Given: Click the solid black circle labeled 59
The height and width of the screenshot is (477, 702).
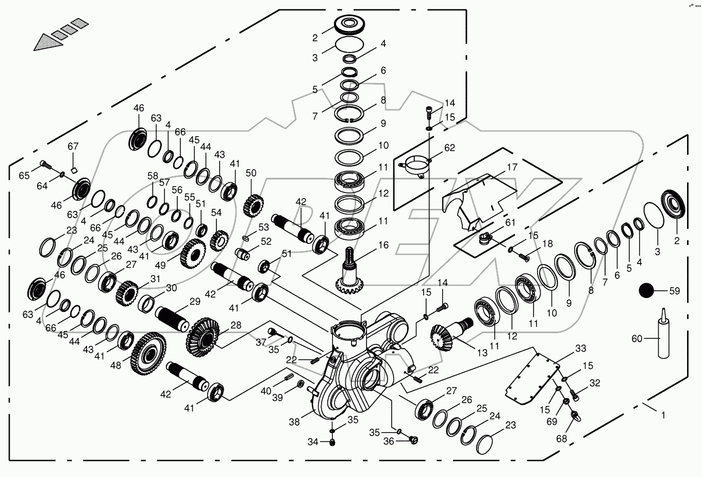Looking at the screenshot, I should (647, 291).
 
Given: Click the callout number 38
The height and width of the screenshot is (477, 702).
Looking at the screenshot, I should (294, 422).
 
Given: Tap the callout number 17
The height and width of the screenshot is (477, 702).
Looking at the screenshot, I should (511, 168).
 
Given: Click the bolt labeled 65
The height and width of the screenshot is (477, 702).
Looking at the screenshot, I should (45, 165).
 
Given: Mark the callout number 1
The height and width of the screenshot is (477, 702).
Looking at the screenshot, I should (663, 415).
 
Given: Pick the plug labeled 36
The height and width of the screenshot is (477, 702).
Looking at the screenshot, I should (413, 439).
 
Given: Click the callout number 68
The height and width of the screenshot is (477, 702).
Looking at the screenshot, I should (561, 439).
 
